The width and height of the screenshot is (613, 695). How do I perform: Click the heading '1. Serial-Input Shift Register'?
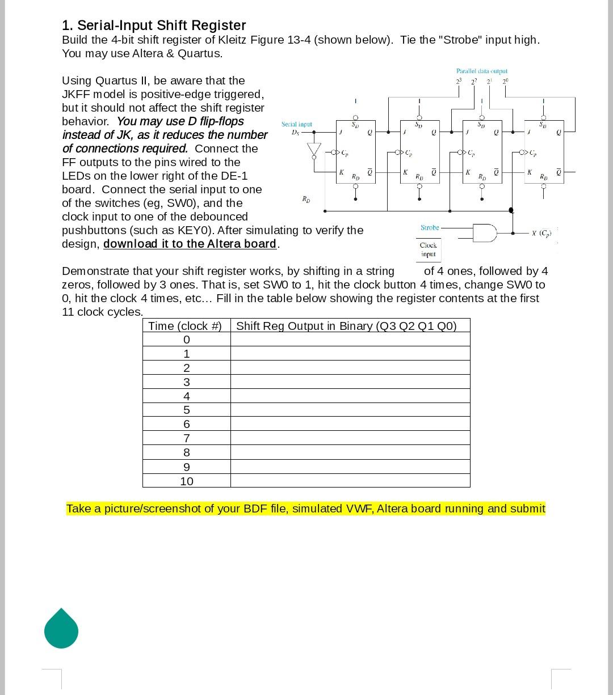[x=154, y=26]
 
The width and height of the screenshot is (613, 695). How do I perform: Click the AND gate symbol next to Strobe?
[x=484, y=232]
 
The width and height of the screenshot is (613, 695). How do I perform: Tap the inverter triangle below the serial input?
[x=314, y=150]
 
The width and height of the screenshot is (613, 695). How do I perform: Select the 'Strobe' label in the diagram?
[x=430, y=227]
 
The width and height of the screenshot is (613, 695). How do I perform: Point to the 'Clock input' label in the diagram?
[x=428, y=249]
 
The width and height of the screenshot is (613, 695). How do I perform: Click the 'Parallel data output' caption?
[x=481, y=71]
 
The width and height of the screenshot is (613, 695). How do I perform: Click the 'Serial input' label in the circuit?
[x=296, y=124]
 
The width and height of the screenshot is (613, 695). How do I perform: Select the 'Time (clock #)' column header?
[x=185, y=326]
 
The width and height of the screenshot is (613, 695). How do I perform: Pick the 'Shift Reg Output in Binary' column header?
[x=346, y=326]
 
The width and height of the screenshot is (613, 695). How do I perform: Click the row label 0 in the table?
[x=186, y=340]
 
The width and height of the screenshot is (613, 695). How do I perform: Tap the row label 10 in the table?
[x=186, y=481]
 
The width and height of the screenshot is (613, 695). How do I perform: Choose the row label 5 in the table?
[x=186, y=410]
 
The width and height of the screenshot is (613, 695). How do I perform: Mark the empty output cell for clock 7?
[x=350, y=438]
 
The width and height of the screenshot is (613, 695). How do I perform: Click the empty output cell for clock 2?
[x=350, y=367]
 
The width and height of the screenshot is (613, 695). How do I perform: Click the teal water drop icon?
[x=61, y=629]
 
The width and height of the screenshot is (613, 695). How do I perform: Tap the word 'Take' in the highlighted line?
[x=78, y=508]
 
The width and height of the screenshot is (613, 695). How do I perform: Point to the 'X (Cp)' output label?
[x=541, y=233]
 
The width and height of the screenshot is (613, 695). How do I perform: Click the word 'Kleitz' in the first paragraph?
[x=234, y=40]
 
